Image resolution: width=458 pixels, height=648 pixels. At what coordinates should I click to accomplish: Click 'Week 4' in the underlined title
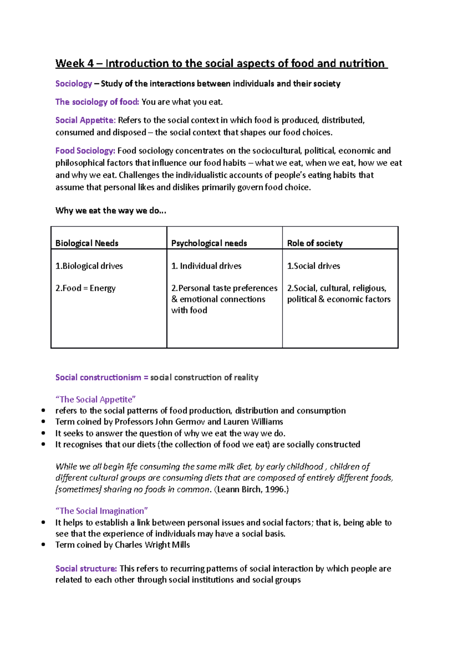tap(74, 63)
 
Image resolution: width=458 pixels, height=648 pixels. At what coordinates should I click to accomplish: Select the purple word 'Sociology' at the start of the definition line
tap(74, 84)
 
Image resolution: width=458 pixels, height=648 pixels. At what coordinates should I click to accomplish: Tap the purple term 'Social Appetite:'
tap(85, 120)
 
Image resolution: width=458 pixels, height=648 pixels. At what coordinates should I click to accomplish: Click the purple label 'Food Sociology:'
tap(85, 151)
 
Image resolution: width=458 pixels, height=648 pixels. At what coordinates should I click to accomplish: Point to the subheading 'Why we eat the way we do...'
tap(111, 211)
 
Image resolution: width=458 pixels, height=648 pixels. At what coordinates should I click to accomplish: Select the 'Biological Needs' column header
tap(87, 243)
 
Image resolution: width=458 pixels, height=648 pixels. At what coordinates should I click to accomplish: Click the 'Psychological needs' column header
tap(209, 243)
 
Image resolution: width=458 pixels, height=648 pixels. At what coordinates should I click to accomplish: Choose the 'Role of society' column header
tap(314, 243)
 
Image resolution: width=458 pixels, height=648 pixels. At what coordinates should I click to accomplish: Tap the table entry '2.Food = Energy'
tap(85, 288)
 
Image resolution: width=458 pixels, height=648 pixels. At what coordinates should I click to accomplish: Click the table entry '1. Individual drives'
tap(206, 266)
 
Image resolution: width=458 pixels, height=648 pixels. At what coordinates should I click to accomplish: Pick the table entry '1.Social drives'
tap(313, 266)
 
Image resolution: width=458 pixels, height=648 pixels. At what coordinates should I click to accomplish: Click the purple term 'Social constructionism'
tap(98, 377)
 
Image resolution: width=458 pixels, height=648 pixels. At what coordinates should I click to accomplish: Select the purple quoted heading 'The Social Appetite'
tap(95, 400)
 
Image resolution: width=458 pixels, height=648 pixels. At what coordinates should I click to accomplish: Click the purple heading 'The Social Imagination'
tap(102, 511)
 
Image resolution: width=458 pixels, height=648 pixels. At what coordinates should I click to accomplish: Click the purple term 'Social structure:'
tap(86, 569)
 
